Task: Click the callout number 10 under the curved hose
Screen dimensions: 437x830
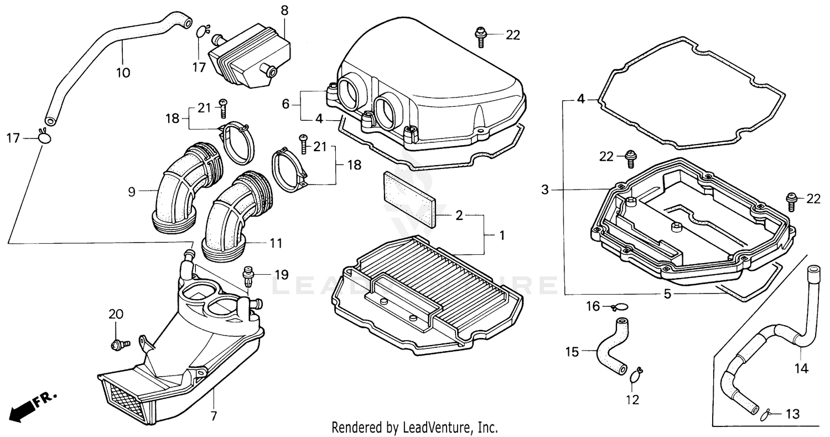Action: tap(123, 73)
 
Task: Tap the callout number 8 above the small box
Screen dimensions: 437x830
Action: tap(284, 10)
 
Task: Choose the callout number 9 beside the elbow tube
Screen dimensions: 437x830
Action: tap(131, 192)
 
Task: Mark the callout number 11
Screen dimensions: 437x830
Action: tap(276, 243)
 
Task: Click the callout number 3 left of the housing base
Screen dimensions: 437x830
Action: tap(545, 190)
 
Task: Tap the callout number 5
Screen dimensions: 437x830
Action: tap(667, 294)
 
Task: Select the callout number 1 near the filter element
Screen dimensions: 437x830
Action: tap(501, 235)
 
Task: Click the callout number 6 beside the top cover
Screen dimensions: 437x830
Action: tap(286, 104)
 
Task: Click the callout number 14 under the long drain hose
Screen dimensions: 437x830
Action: tap(801, 368)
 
